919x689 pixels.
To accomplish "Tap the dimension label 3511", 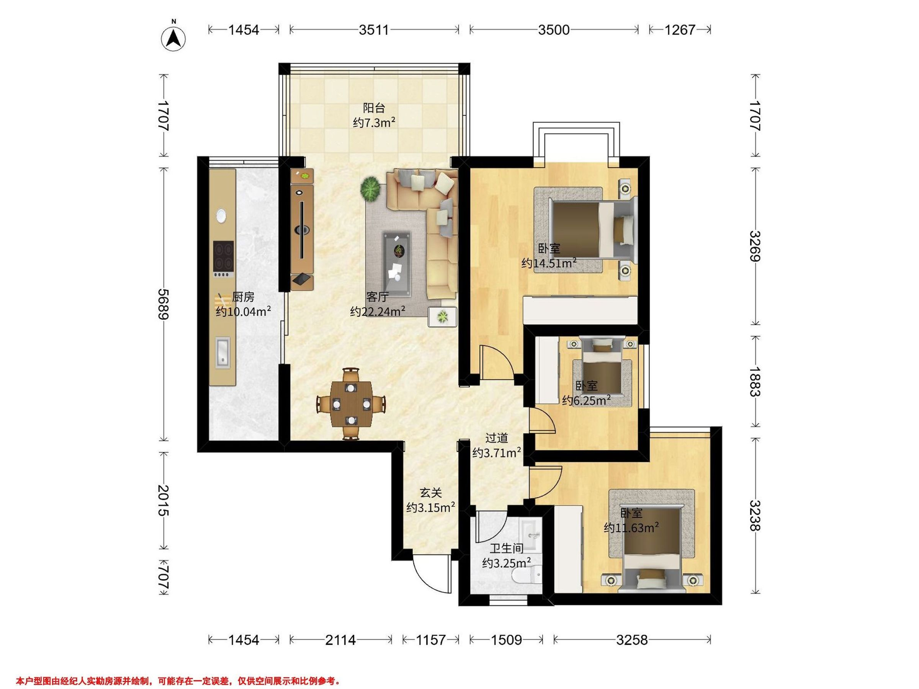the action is point(374,30).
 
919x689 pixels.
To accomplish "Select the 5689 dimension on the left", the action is point(164,304).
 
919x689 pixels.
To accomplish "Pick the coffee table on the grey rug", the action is point(397,264).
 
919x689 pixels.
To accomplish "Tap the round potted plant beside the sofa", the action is point(370,189).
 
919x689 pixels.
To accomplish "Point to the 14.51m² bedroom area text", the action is point(549,263).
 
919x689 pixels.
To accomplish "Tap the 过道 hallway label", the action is point(497,438).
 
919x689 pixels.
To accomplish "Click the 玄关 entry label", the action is point(430,493).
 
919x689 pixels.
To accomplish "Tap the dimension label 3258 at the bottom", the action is point(631,640).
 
